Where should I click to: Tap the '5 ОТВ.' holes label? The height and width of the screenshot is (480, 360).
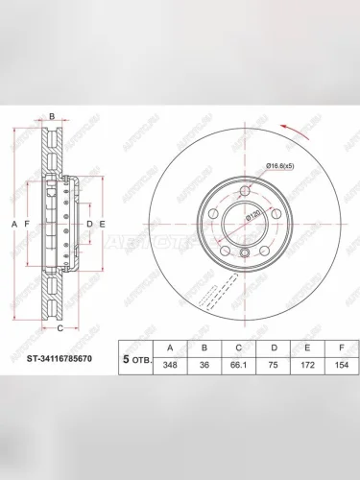[x=133, y=361]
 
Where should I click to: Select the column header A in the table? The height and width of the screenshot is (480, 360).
[x=171, y=348]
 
